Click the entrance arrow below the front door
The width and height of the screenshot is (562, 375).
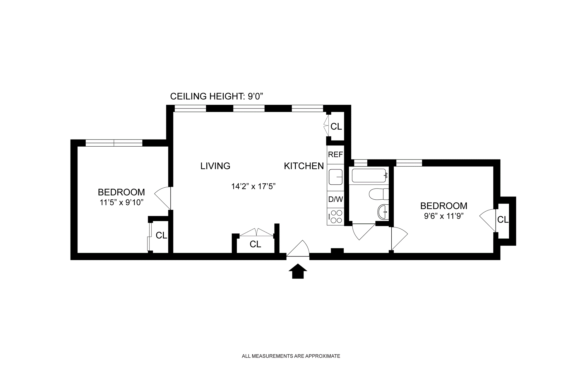click(298, 271)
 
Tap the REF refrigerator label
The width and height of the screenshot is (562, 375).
click(335, 155)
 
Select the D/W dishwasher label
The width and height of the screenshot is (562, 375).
click(335, 199)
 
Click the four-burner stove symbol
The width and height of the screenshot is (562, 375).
click(336, 217)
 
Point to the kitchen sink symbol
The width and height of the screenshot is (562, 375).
click(335, 177)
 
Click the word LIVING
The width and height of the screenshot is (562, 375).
click(215, 166)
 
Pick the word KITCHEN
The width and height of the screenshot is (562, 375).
click(304, 166)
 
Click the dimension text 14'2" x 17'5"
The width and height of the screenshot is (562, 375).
click(253, 186)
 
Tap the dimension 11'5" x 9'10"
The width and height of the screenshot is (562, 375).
click(121, 202)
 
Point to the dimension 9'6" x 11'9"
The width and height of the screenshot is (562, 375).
click(444, 216)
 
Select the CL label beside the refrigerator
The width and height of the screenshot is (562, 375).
click(336, 126)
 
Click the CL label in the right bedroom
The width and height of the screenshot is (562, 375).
click(503, 220)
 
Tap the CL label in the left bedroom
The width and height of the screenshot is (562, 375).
click(161, 235)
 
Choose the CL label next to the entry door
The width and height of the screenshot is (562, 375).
click(255, 244)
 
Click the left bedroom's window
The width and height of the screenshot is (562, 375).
click(114, 143)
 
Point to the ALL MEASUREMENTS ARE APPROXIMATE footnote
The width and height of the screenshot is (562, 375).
click(291, 356)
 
